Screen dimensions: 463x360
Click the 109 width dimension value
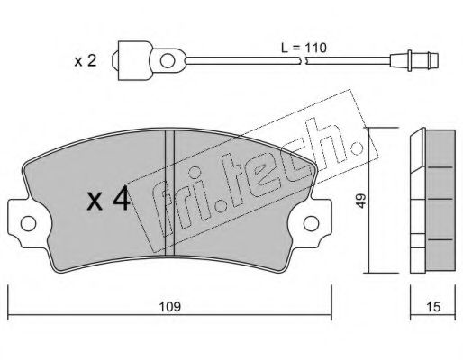point(169,307)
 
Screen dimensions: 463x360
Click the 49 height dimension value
point(360,201)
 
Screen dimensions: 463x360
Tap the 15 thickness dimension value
point(432,307)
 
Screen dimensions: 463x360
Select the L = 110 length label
point(304,48)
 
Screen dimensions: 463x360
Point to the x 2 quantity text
point(86,61)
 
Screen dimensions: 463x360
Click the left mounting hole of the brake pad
point(28,223)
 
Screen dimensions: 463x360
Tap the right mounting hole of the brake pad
point(311,223)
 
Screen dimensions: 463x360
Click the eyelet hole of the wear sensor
point(168,61)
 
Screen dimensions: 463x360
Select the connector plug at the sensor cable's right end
point(414,60)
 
